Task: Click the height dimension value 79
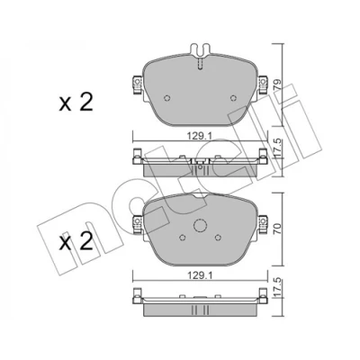277,85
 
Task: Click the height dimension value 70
277,229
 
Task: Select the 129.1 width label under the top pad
200,136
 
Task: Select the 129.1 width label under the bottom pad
200,275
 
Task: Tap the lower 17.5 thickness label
277,288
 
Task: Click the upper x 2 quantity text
76,103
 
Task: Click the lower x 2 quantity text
76,242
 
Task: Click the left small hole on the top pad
167,98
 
